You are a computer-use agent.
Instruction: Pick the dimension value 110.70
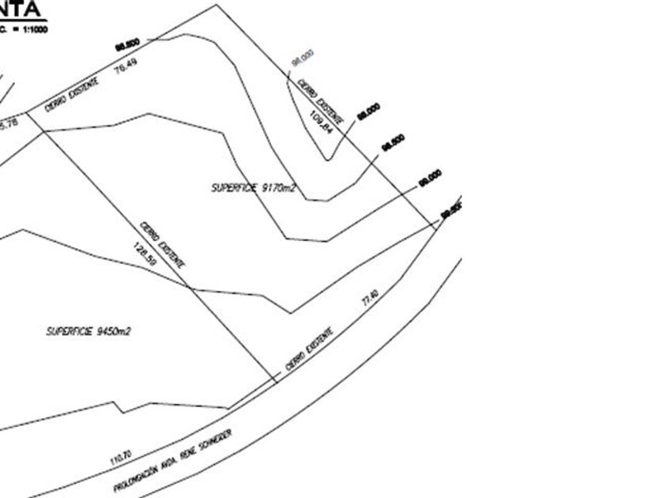121,456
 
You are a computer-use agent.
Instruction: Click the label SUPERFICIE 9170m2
252,188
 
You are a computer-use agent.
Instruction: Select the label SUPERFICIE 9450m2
88,331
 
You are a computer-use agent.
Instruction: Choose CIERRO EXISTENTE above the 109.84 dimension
321,100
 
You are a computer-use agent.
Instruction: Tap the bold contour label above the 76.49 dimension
126,43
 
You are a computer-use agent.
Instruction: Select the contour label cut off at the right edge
451,210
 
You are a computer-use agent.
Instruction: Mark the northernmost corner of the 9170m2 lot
217,5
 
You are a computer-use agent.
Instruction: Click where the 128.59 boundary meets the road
276,383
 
